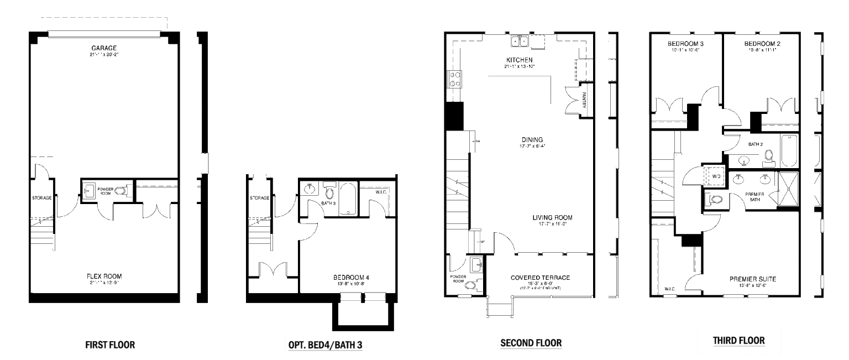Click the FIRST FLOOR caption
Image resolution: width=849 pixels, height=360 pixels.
(x=109, y=345)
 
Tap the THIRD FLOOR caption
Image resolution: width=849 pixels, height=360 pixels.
(x=738, y=340)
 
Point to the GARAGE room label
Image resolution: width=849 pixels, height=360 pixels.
(x=103, y=48)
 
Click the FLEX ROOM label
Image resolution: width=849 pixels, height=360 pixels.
(x=103, y=276)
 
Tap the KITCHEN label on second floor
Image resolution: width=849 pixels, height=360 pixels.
(x=519, y=60)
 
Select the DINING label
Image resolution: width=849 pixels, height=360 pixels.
(x=532, y=140)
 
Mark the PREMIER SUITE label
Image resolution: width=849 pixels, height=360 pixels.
(x=752, y=279)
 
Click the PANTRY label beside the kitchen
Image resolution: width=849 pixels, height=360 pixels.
(x=584, y=100)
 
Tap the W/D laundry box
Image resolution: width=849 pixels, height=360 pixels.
(x=715, y=176)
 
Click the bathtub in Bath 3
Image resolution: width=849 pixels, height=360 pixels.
(x=348, y=200)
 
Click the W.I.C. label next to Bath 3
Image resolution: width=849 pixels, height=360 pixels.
(x=380, y=192)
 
